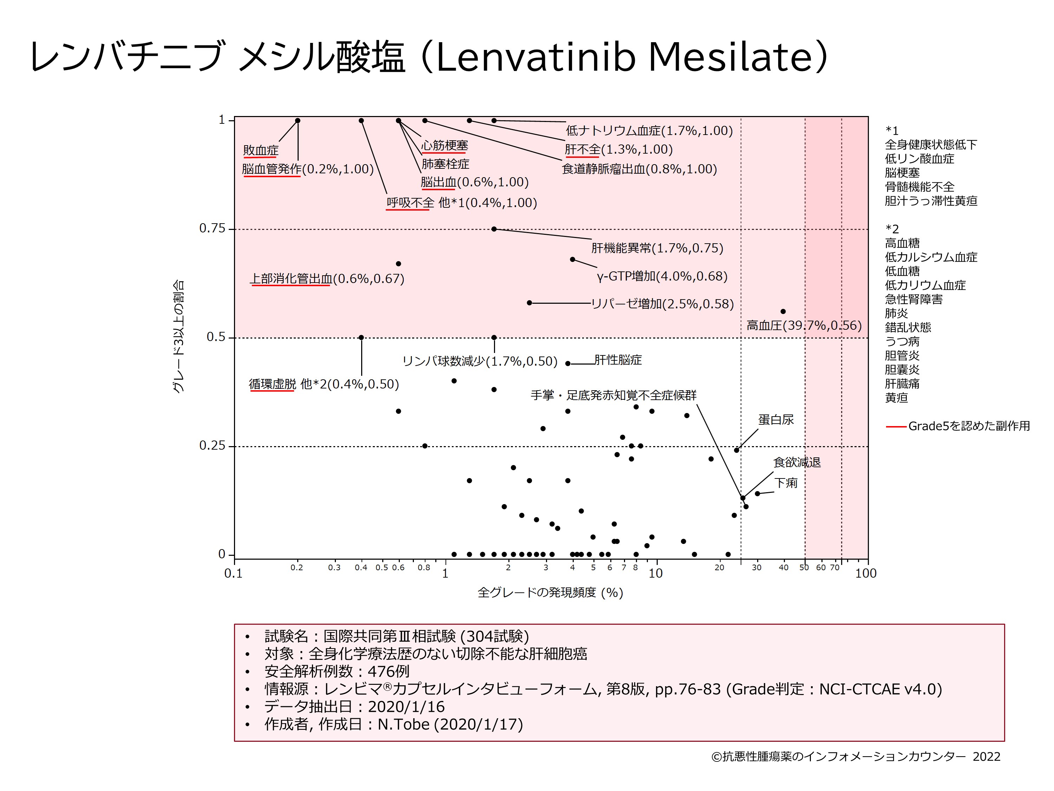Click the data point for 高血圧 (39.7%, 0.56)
783,312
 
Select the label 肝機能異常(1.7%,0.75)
657,248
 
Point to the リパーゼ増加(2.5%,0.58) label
662,304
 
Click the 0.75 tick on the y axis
212,229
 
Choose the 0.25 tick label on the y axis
212,446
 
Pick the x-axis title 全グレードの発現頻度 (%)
550,593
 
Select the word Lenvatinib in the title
536,57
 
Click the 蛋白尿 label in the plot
776,419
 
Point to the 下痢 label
786,483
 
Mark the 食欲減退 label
797,462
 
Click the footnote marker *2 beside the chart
892,229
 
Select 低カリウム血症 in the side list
925,285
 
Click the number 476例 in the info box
388,671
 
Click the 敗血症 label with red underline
261,150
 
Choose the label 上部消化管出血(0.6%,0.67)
327,278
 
